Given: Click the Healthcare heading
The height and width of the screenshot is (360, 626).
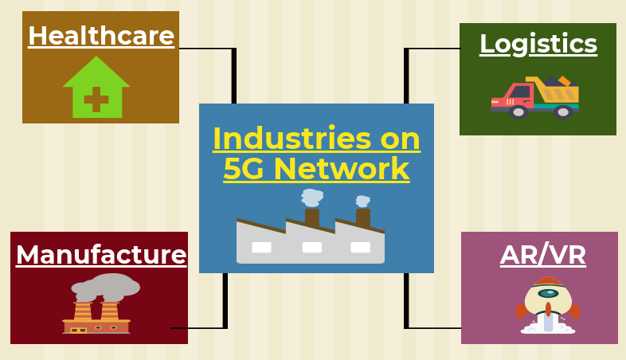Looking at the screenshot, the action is click(101, 36).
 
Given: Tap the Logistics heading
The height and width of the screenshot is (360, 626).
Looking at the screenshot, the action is click(538, 44).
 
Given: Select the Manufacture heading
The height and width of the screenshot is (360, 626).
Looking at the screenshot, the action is click(101, 255).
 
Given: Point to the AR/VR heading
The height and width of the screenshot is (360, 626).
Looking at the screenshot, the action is click(543, 255).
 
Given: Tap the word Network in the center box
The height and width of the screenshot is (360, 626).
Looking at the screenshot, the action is click(342, 168).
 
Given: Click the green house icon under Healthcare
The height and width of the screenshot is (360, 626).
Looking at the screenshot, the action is click(96, 87).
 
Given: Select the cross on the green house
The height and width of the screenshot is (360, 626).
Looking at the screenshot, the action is click(96, 100).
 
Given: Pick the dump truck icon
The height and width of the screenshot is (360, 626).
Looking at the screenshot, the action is click(535, 97).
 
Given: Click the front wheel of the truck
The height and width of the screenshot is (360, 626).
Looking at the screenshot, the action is click(518, 112).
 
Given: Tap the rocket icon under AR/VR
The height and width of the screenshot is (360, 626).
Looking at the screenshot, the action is click(548, 305).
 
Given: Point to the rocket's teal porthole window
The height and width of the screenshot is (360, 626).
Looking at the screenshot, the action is click(548, 294).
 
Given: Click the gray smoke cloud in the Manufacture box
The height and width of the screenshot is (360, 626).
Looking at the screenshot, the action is click(106, 287).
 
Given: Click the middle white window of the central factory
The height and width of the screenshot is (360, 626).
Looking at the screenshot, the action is click(311, 248).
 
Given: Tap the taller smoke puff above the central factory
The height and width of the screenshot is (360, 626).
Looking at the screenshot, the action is click(311, 198).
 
